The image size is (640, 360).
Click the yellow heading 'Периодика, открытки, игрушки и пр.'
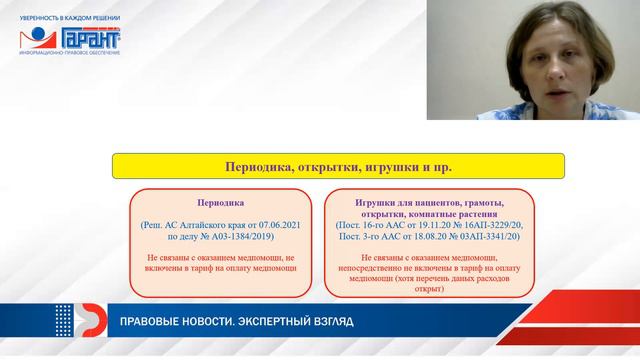click(338, 166)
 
